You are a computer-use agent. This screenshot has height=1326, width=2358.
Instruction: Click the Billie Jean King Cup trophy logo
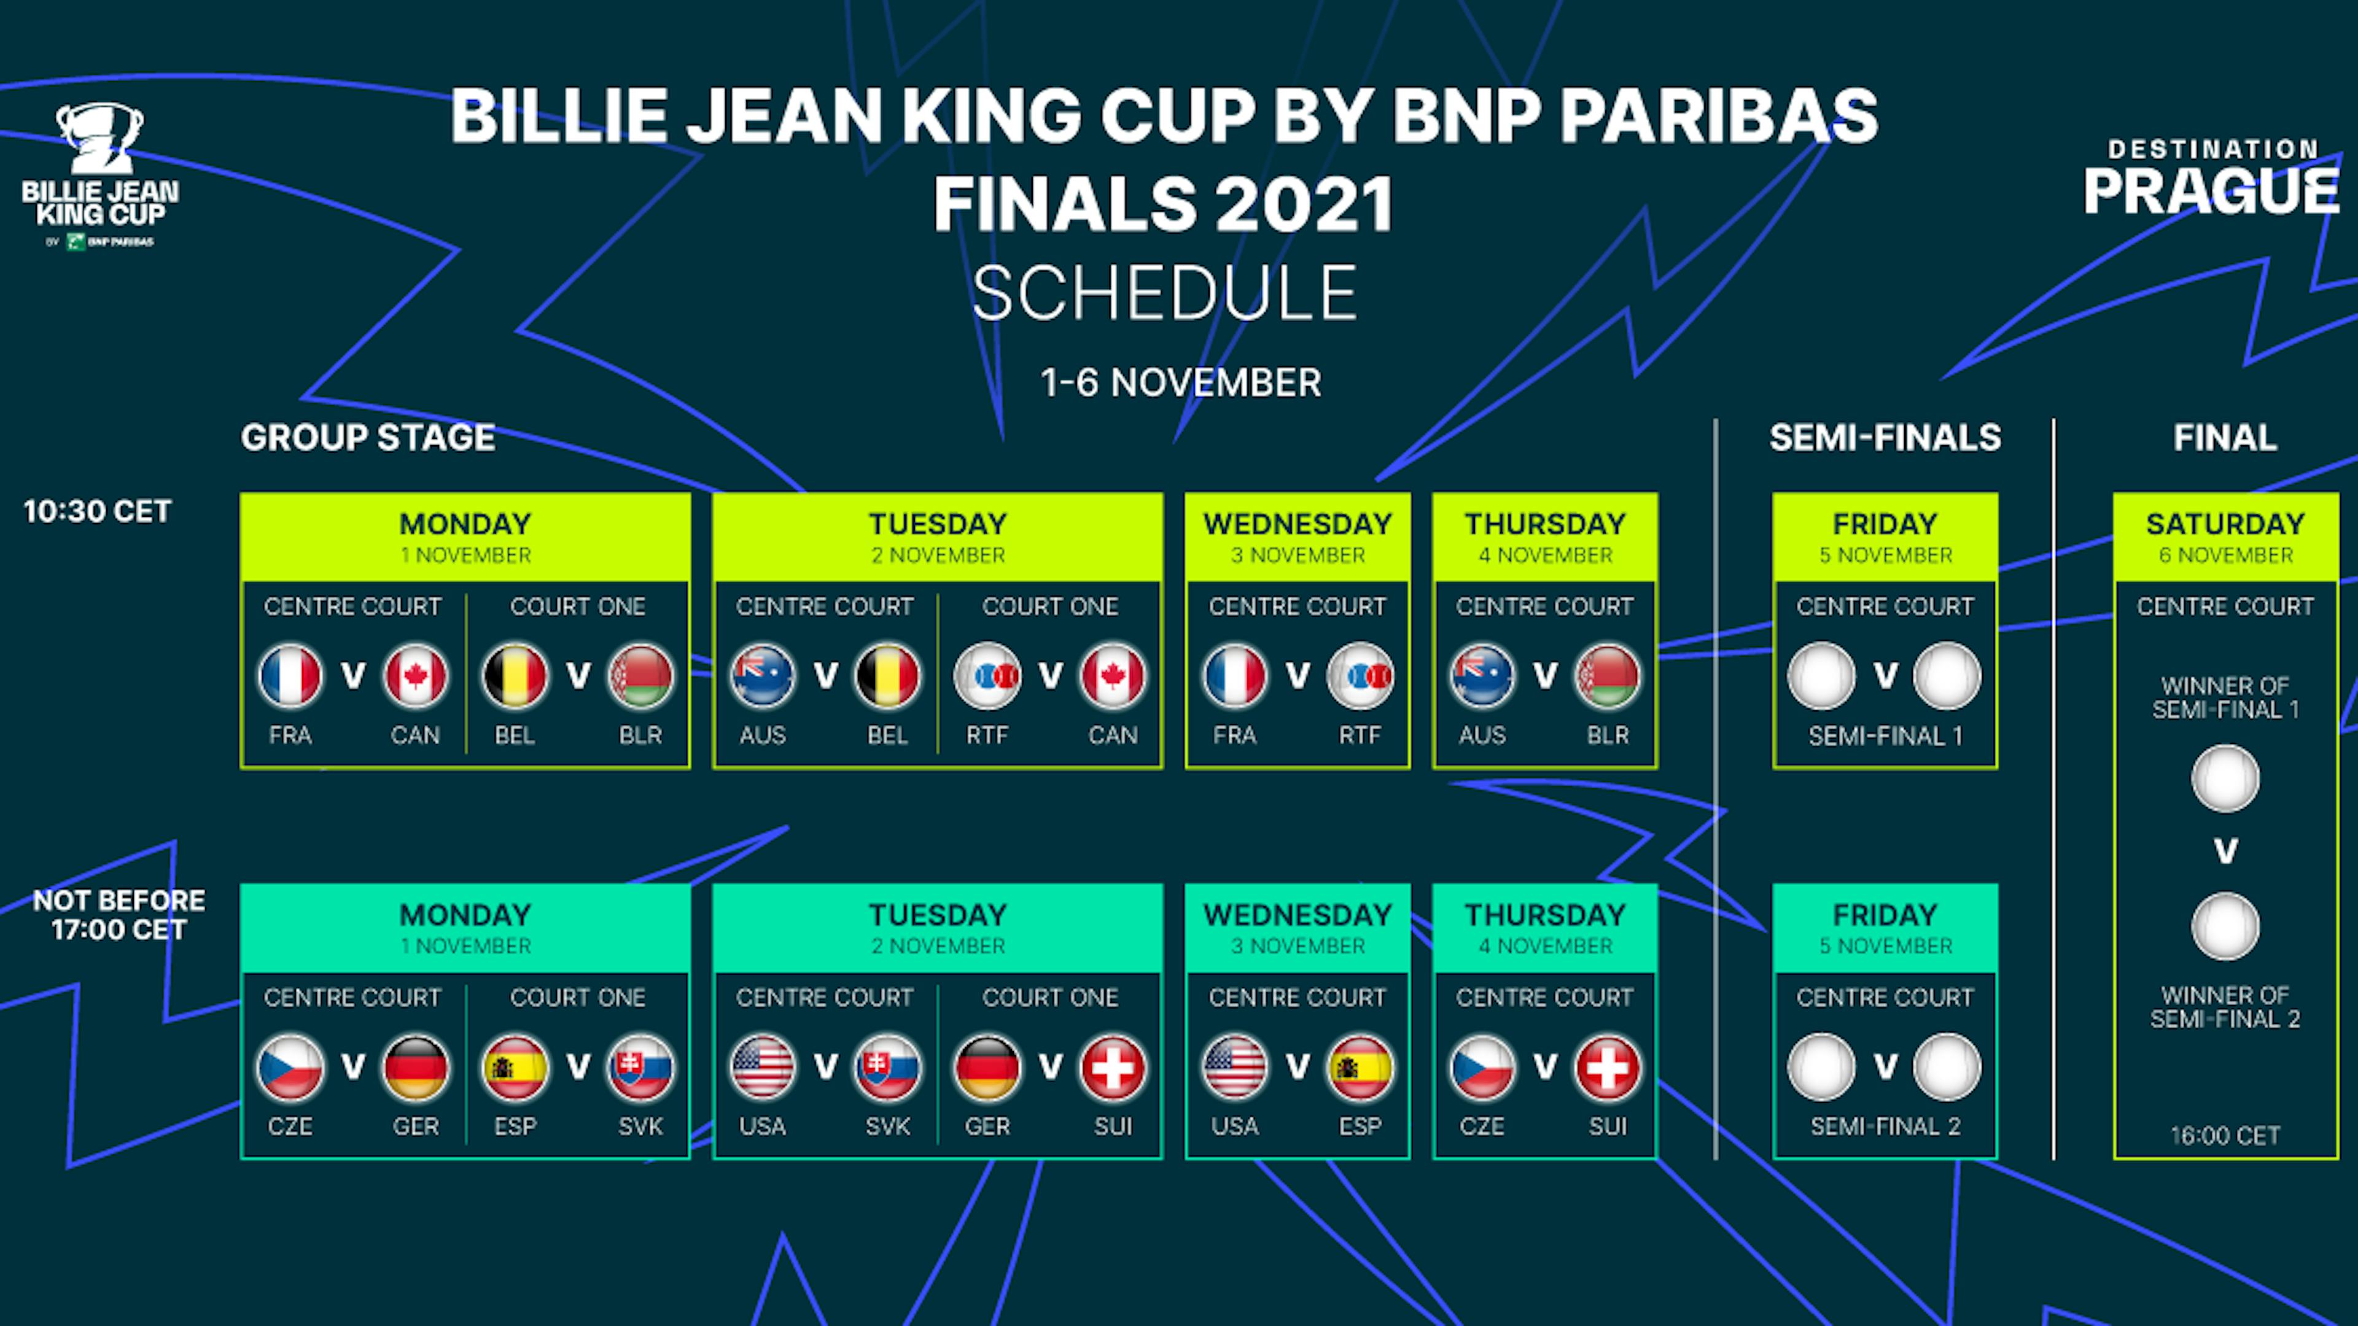[x=99, y=138]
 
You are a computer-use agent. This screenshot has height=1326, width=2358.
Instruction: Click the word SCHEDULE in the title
[x=1164, y=293]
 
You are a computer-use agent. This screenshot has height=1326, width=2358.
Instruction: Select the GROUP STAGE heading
[x=368, y=438]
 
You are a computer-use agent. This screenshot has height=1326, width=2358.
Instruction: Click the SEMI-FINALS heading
[x=1885, y=438]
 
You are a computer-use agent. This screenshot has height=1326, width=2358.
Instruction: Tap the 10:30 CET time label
[x=97, y=511]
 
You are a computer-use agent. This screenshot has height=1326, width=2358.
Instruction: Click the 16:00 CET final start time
[x=2225, y=1136]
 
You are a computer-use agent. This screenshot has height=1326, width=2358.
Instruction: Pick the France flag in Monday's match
[x=290, y=677]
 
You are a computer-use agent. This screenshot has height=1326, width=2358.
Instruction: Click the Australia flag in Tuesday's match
[x=763, y=677]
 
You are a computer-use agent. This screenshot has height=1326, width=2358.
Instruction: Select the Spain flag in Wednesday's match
[x=1360, y=1067]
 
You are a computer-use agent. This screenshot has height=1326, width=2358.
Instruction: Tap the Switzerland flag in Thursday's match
[x=1608, y=1067]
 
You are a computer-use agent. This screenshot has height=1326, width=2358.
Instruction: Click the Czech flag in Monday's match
[x=290, y=1067]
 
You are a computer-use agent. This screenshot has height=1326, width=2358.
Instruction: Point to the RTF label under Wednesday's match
[x=1360, y=735]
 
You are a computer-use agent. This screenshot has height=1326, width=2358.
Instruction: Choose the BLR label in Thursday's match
[x=1608, y=735]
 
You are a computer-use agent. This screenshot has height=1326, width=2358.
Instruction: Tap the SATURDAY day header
[x=2225, y=524]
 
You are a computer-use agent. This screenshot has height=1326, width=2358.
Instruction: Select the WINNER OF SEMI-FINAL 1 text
[x=2225, y=697]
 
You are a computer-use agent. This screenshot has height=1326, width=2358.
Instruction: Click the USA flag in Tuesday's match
[x=763, y=1067]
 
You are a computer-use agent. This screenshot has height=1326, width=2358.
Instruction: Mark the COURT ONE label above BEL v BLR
[x=578, y=606]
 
